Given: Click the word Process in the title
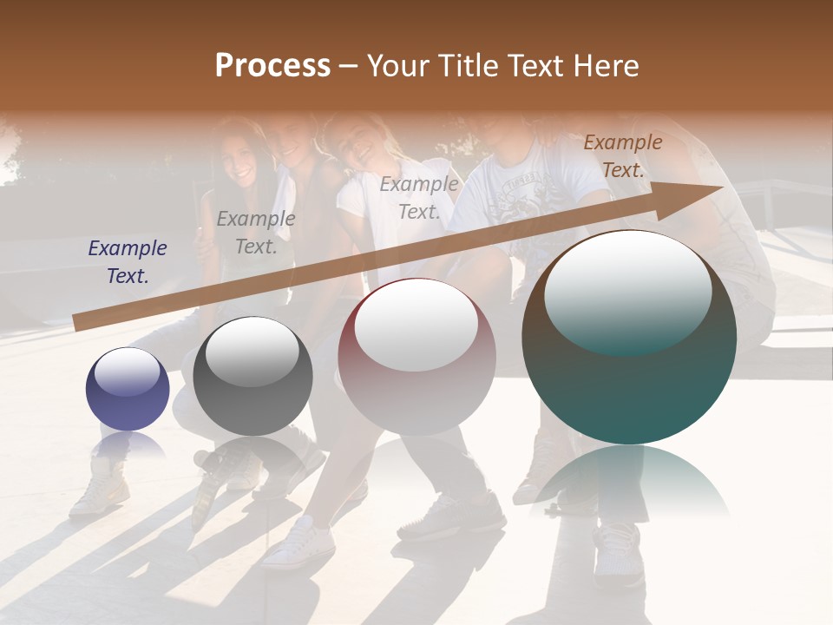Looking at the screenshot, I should click(272, 66).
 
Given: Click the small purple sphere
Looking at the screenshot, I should click(128, 390).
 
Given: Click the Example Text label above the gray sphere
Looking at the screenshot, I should click(256, 233).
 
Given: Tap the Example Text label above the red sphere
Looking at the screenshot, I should click(419, 198).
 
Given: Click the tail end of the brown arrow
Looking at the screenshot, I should click(78, 323).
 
